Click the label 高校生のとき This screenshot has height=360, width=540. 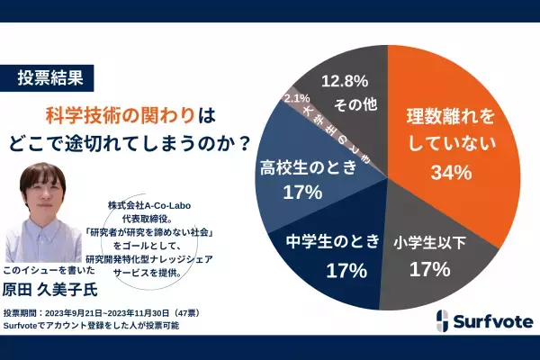(x=301, y=167)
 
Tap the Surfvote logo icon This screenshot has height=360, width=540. (x=444, y=320)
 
